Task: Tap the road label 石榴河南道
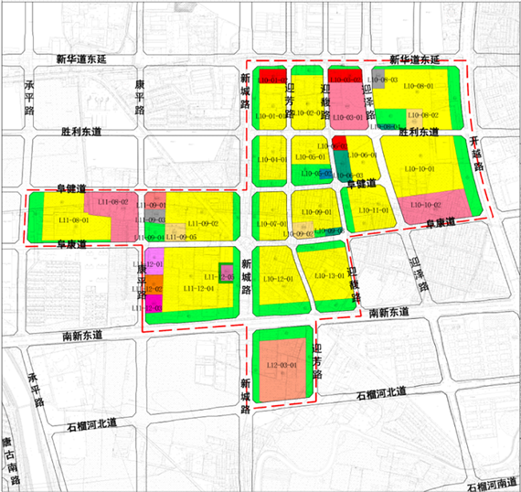(x=492, y=484)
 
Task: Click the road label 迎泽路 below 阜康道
(x=420, y=273)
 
